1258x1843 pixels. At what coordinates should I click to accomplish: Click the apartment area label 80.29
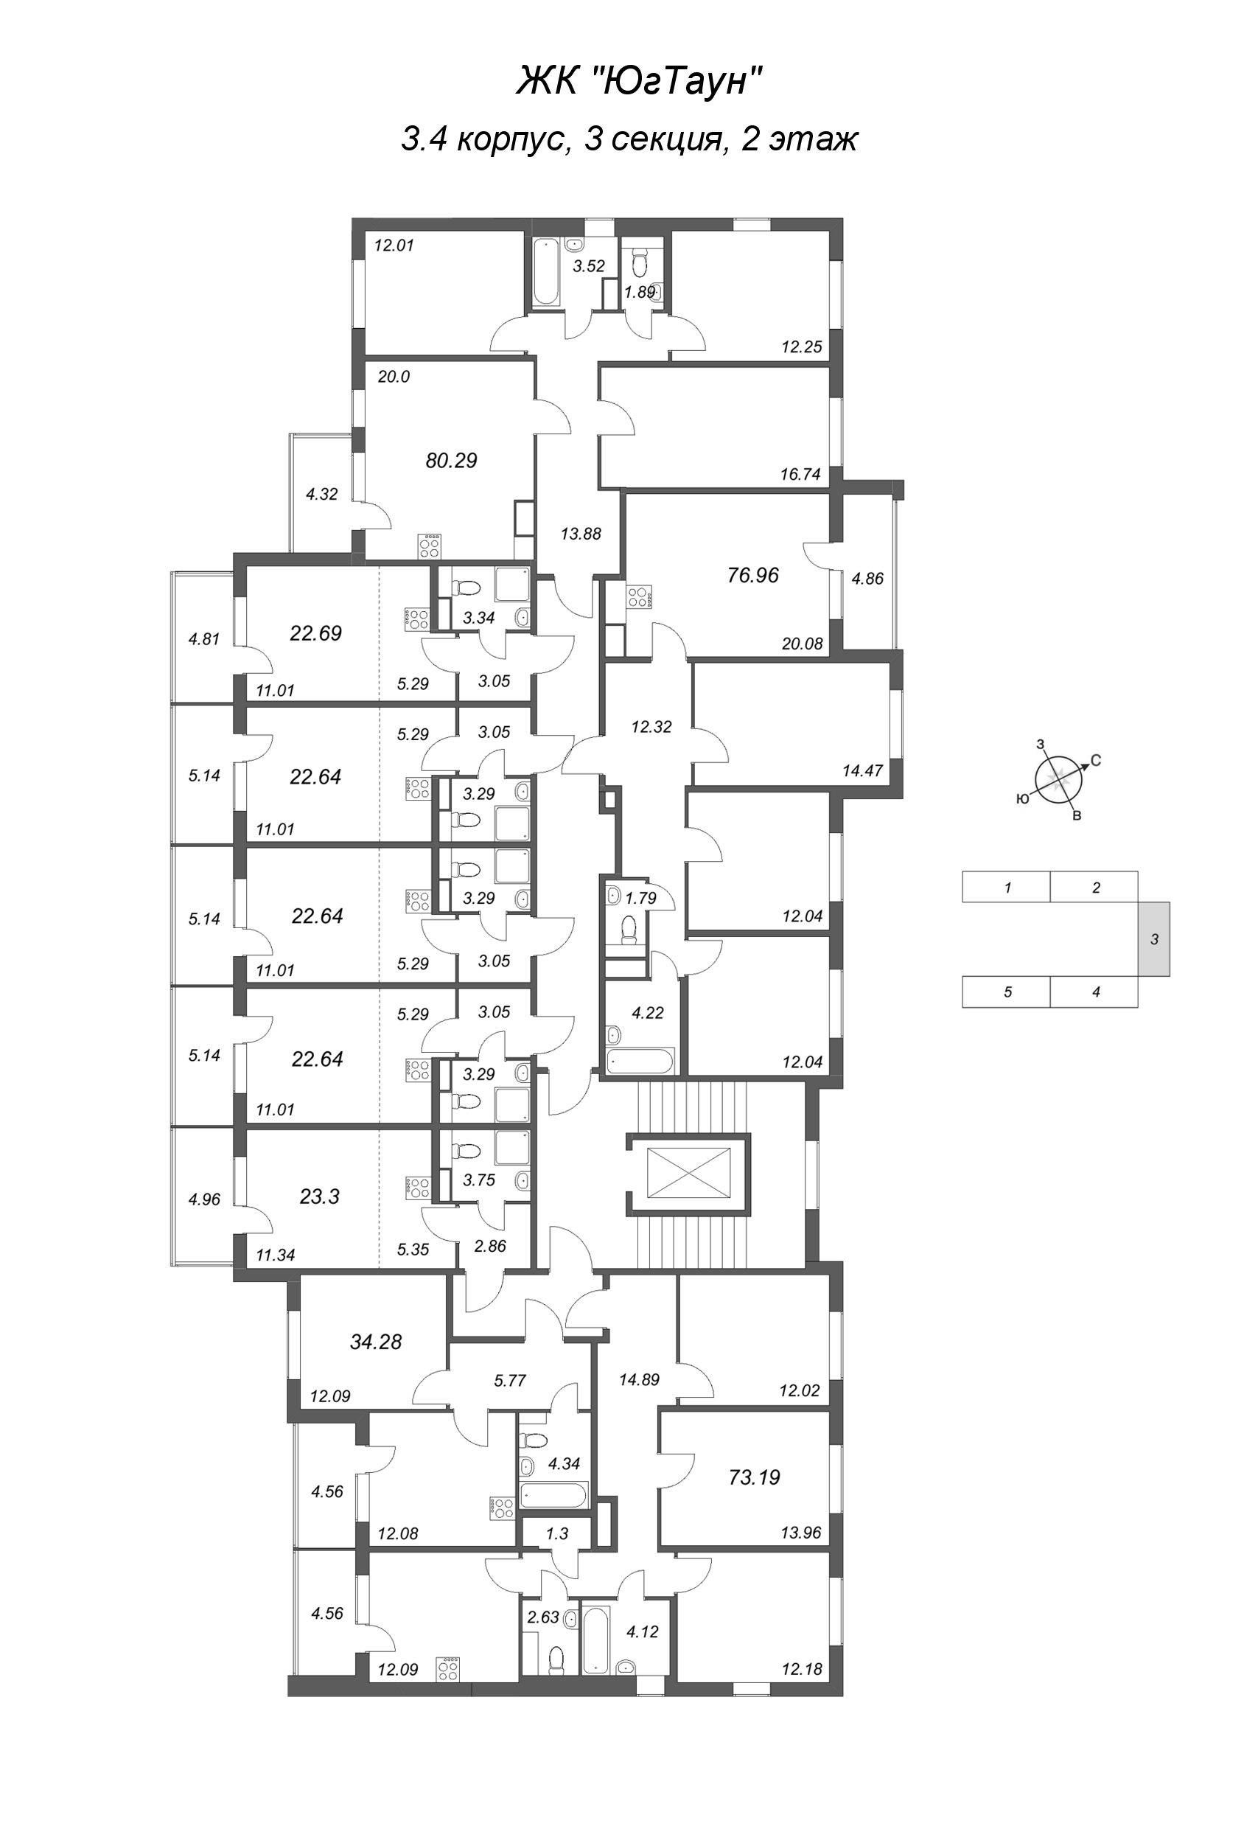pos(451,461)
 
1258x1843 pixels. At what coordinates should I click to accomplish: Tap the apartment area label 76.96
pos(752,576)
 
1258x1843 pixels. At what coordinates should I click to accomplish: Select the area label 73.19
pos(754,1477)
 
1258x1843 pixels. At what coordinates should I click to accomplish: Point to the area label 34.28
pos(376,1342)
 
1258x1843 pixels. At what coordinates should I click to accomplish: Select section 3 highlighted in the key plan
pos(1154,940)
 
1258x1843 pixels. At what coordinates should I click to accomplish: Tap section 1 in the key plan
pos(1007,888)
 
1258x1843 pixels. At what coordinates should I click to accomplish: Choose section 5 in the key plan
pos(1007,992)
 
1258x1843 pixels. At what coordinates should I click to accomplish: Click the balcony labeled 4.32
pos(322,494)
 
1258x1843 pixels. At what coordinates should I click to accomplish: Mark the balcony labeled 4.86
pos(867,579)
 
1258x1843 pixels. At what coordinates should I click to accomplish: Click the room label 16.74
pos(800,475)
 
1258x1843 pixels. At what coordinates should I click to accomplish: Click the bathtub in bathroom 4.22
pos(640,1061)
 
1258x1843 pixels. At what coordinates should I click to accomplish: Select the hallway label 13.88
pos(581,534)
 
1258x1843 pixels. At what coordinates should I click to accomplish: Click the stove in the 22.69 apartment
pos(417,619)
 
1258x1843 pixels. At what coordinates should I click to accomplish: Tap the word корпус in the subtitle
pos(515,139)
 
